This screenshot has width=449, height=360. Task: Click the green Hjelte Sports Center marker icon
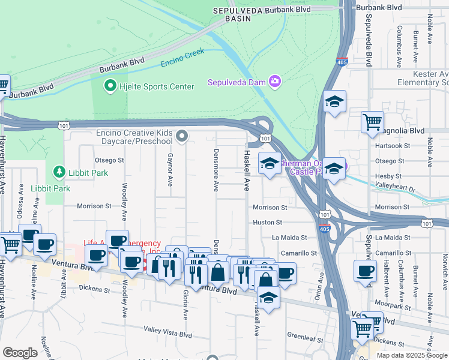pos(110,87)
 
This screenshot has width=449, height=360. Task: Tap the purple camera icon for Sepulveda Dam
pos(275,82)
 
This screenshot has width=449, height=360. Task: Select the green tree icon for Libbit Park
pos(59,173)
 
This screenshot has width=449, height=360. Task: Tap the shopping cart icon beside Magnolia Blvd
pos(372,122)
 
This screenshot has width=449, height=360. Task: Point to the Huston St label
pos(267,222)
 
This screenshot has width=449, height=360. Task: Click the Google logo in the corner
pos(20,353)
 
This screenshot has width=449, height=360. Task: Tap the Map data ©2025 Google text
pos(412,355)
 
